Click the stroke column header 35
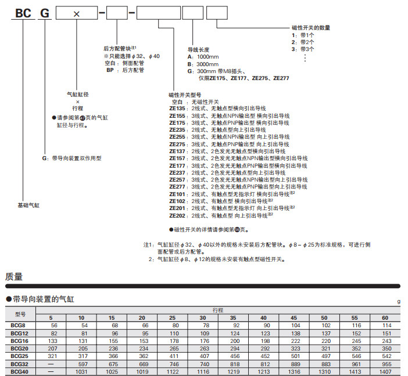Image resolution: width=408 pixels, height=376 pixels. coord(232,319)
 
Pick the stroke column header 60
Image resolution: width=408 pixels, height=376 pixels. coord(384,319)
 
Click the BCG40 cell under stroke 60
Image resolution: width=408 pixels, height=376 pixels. coord(384,371)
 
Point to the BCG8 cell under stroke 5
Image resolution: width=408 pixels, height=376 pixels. coord(51,326)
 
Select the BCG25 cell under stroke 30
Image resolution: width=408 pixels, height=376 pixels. coord(203,356)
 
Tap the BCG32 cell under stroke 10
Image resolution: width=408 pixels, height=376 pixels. coord(81,364)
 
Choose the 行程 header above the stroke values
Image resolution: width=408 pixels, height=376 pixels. coord(217,310)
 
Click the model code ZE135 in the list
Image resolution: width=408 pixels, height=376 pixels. coord(177,109)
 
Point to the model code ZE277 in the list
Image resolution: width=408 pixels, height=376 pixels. coord(177,187)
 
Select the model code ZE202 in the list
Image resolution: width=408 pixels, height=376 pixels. coord(177,215)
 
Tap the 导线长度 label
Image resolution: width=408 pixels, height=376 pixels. coord(198,50)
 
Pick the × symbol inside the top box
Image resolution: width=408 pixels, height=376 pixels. coord(76,13)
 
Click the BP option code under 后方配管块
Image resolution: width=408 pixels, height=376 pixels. coord(109,70)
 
